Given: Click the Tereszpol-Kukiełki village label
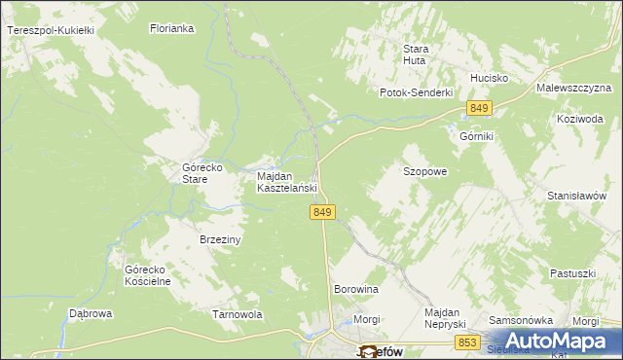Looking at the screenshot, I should point(50,31).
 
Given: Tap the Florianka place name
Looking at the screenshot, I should point(172,29).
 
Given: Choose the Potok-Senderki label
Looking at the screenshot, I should point(418,92).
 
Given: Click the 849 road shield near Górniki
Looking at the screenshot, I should point(478,107).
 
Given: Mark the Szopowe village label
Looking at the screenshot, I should point(425,171).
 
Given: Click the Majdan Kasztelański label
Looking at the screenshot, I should point(288,182).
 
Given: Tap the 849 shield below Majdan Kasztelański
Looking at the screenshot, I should point(325,212).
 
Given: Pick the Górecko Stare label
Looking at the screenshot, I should point(203,173).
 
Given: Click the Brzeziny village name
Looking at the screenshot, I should point(220,239).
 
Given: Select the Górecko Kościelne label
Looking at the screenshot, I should point(148,275).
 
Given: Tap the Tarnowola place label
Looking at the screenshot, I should point(238,315).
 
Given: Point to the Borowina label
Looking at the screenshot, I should point(355,290).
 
